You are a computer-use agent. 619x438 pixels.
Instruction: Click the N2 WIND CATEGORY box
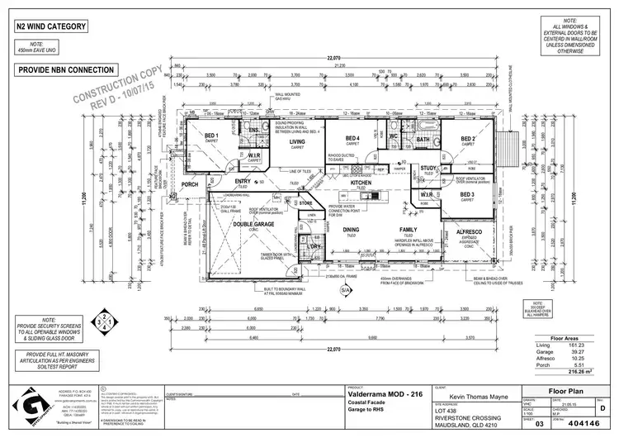coord(51,27)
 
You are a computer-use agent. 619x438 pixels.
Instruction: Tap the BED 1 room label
coord(211,136)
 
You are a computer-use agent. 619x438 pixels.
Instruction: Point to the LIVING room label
coord(297,142)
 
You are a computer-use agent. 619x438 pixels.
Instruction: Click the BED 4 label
coord(352,138)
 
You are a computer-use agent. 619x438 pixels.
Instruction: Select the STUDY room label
coord(428,169)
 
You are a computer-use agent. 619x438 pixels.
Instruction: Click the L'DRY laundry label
coord(314,246)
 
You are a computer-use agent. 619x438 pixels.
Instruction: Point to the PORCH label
coord(190,184)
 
